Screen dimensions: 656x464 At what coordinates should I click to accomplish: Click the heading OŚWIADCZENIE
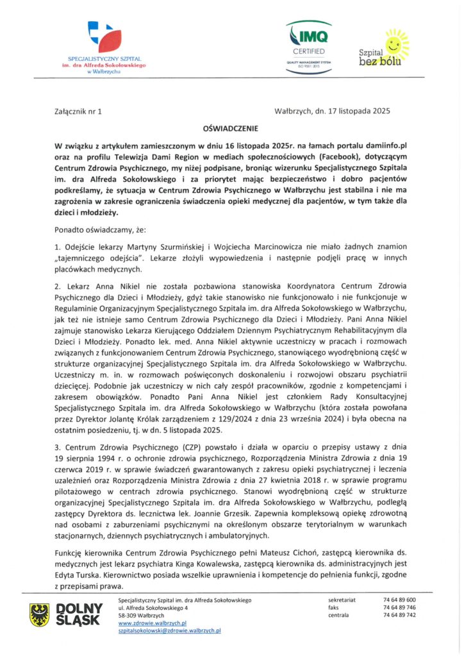pos(231,128)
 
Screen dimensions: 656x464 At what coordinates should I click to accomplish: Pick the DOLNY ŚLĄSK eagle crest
pos(39,614)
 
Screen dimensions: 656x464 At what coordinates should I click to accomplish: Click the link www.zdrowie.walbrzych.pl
pos(151,623)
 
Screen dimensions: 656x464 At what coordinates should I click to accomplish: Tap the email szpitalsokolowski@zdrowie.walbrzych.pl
pos(170,630)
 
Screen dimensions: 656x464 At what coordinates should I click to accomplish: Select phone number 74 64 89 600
pos(399,600)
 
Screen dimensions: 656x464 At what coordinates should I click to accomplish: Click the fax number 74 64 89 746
pos(399,607)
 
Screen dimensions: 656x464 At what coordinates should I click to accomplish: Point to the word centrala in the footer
pos(338,615)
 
